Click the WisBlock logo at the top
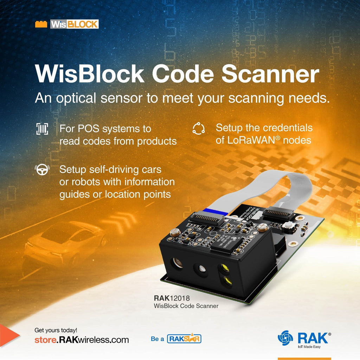pos(67,24)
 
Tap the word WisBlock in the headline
pos(90,74)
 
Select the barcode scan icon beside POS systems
pos(42,129)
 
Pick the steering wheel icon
pos(42,170)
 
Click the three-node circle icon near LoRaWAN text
pos(198,129)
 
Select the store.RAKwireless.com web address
pos(82,340)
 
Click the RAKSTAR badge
pos(184,339)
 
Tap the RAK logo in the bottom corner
pos(304,339)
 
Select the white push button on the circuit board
pos(288,226)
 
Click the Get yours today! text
pos(56,330)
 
